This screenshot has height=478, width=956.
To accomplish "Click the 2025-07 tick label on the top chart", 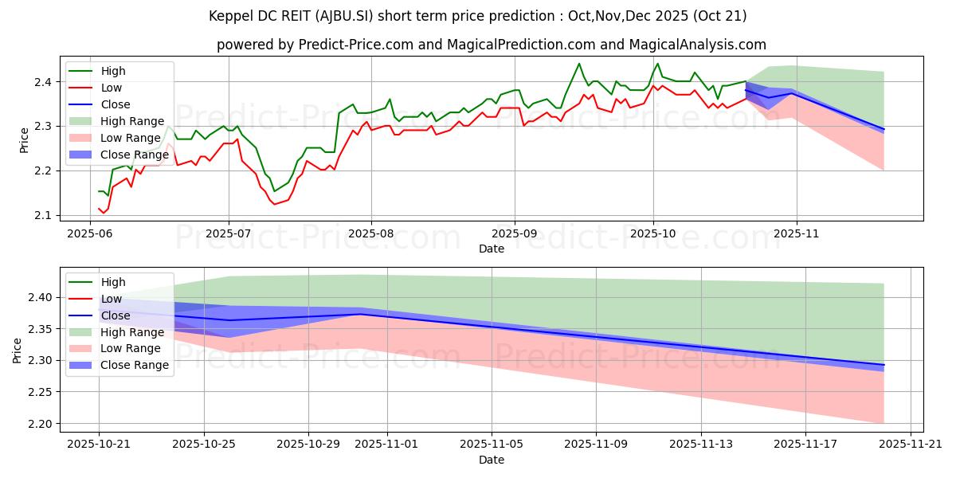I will click(229, 235).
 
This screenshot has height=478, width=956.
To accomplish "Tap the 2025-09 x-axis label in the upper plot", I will click(514, 235).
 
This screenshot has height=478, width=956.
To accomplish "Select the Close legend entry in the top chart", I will click(116, 104).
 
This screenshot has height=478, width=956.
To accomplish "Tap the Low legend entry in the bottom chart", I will click(112, 299).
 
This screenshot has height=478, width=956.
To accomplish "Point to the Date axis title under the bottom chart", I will click(492, 460).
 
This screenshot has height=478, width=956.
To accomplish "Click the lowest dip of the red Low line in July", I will click(275, 205).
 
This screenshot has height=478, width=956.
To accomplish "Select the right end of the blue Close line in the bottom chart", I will click(884, 365).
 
